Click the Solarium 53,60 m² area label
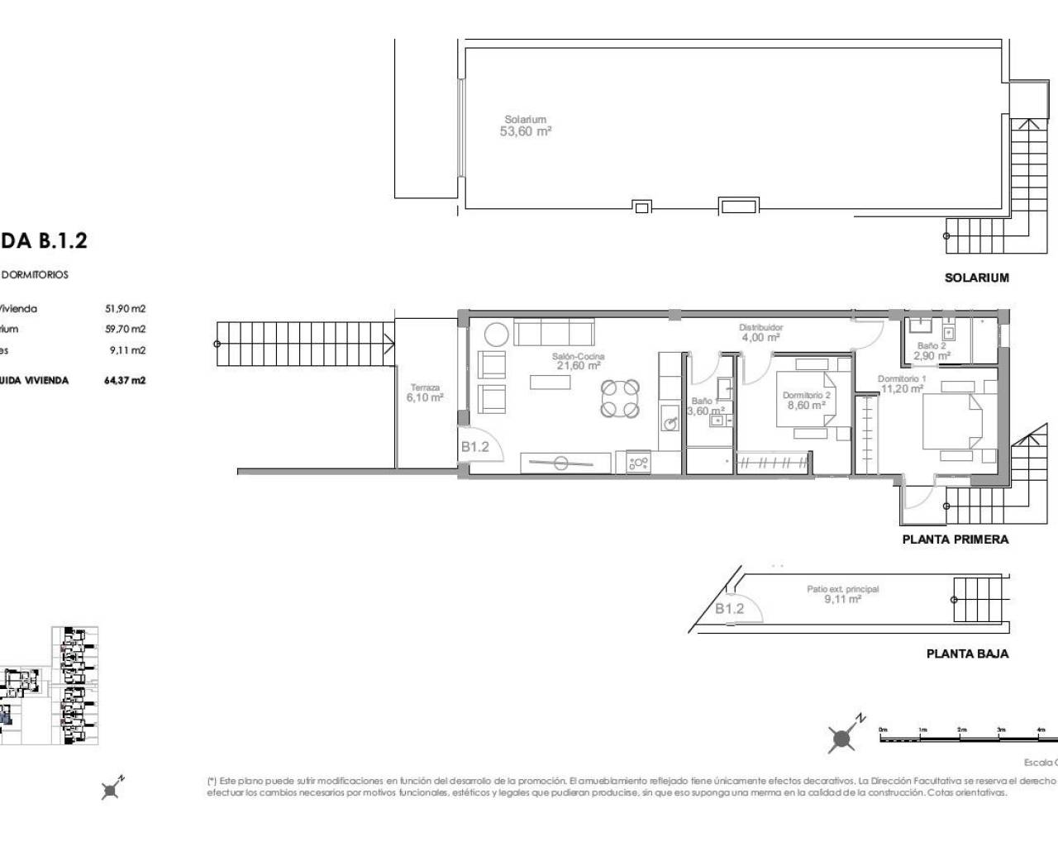tap(526, 126)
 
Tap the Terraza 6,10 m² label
tap(425, 392)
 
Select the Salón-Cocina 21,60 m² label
tap(579, 361)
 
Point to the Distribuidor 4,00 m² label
tap(760, 332)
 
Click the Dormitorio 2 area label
tap(806, 401)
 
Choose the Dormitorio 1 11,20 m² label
tap(902, 383)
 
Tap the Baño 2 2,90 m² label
tap(932, 351)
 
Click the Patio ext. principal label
tap(842, 594)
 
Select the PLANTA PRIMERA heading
tap(955, 539)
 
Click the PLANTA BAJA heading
tap(967, 654)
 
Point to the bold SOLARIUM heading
tap(976, 278)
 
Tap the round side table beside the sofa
tap(497, 335)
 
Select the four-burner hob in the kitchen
tap(639, 463)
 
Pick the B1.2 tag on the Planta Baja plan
tap(730, 609)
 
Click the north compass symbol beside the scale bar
tap(843, 738)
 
